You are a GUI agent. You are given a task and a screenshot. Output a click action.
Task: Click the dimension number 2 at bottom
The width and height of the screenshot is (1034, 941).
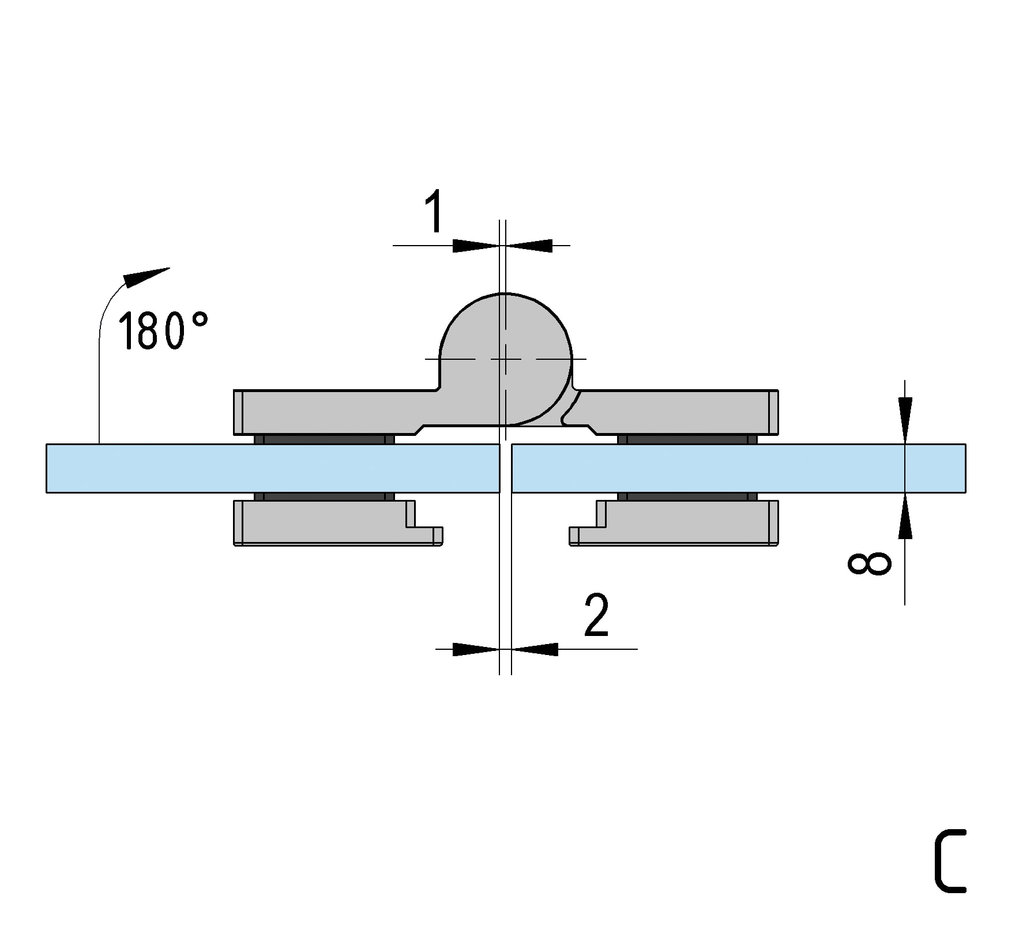[x=596, y=615]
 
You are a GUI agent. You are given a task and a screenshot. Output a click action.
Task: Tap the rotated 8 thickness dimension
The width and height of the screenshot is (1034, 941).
[x=869, y=563]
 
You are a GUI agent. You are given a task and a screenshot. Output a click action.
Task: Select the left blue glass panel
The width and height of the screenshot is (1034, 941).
[x=273, y=468]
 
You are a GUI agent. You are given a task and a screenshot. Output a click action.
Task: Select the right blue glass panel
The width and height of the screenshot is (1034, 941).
[x=739, y=468]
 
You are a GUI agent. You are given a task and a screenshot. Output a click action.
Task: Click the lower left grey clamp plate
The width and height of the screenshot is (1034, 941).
[x=338, y=522]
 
